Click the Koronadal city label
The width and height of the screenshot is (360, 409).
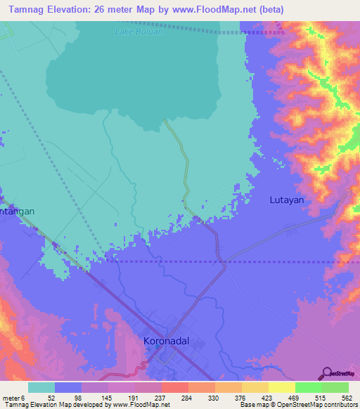[x=166, y=342]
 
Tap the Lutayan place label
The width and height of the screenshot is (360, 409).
[x=287, y=200]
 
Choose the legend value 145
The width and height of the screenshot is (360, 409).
[x=106, y=397]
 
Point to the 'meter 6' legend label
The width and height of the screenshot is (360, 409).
[x=14, y=397]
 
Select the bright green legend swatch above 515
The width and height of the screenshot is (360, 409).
[x=308, y=387]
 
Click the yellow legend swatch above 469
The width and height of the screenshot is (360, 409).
[x=281, y=387]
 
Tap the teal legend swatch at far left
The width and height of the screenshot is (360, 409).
[x=41, y=387]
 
